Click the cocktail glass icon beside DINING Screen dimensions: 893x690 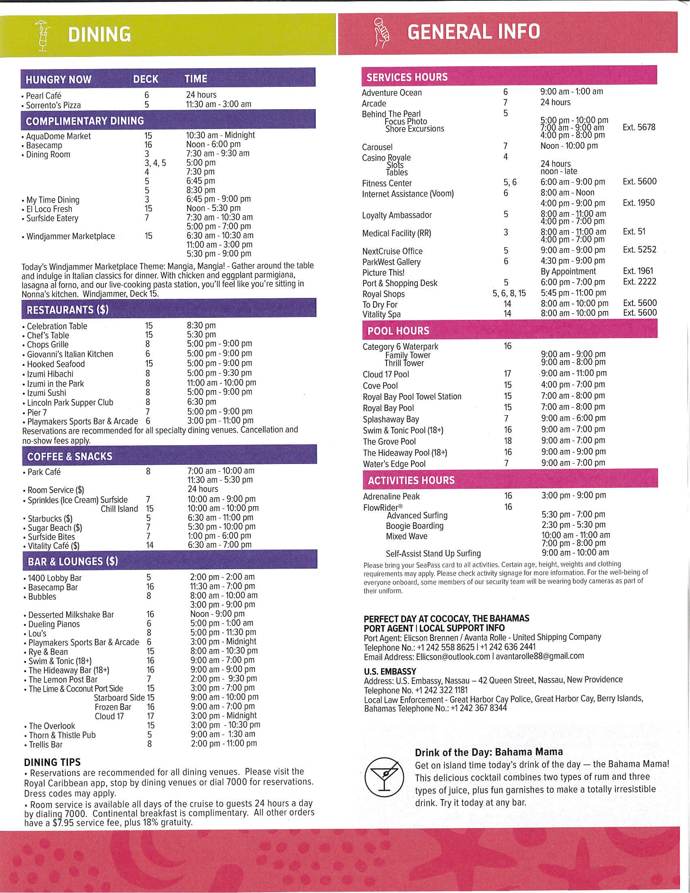[x=43, y=36]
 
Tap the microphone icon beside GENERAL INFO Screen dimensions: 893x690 [x=382, y=33]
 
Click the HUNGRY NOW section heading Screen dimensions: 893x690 [x=58, y=79]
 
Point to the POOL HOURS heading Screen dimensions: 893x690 [x=398, y=331]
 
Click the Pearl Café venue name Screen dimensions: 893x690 [x=43, y=96]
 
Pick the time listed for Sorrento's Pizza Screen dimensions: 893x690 [x=218, y=104]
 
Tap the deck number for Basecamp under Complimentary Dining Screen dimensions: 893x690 [x=148, y=145]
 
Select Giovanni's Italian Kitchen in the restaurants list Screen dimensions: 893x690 [x=70, y=354]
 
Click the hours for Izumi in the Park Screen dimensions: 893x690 [x=222, y=383]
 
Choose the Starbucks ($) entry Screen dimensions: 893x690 [x=50, y=518]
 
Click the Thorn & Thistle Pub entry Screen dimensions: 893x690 [x=62, y=735]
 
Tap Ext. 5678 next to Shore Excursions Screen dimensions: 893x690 [x=638, y=127]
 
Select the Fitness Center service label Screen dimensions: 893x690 [x=387, y=183]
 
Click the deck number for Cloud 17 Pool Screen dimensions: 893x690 [x=507, y=374]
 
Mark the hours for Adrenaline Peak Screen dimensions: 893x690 [x=574, y=495]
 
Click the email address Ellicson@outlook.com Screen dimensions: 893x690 [x=453, y=657]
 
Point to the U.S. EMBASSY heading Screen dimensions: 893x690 [x=390, y=671]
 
